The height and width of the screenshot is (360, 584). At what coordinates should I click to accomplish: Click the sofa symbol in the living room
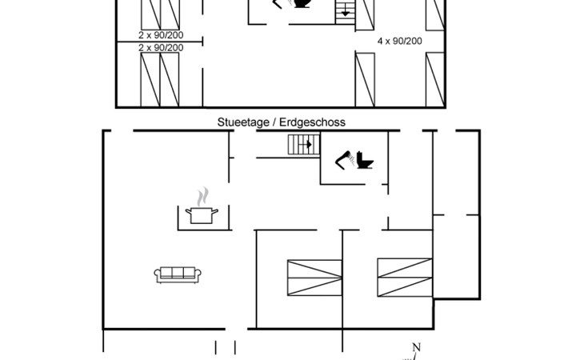click(178, 274)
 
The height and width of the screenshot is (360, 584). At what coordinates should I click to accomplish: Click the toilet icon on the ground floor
click(365, 160)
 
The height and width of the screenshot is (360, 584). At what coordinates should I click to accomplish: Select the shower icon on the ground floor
click(345, 160)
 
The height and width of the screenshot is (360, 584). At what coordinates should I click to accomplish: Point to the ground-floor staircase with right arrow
click(304, 145)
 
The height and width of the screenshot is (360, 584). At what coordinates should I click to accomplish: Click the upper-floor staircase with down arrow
click(346, 12)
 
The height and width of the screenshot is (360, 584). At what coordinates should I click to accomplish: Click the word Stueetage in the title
click(243, 122)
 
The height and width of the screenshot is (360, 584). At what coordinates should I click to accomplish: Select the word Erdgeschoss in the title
click(312, 122)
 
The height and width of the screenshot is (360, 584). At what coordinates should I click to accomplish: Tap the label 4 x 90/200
click(400, 41)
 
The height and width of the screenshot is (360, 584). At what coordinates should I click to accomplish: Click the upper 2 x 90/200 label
click(161, 35)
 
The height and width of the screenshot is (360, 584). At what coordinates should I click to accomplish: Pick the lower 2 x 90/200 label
click(161, 48)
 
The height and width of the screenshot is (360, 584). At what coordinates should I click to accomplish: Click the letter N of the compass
click(416, 347)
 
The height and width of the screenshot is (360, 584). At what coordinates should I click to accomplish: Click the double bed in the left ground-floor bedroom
click(314, 278)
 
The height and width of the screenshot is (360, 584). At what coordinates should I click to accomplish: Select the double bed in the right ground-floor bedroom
click(405, 278)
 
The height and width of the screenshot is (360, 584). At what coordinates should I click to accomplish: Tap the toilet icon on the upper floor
click(302, 3)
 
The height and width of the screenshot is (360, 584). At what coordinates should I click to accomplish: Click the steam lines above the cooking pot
click(202, 197)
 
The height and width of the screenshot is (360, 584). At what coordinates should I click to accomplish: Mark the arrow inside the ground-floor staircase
click(307, 144)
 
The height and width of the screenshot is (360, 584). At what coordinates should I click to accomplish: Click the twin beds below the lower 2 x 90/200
click(160, 80)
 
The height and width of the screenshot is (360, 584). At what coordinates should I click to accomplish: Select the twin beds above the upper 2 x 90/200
click(161, 14)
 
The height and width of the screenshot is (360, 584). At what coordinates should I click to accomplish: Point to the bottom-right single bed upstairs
click(435, 80)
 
